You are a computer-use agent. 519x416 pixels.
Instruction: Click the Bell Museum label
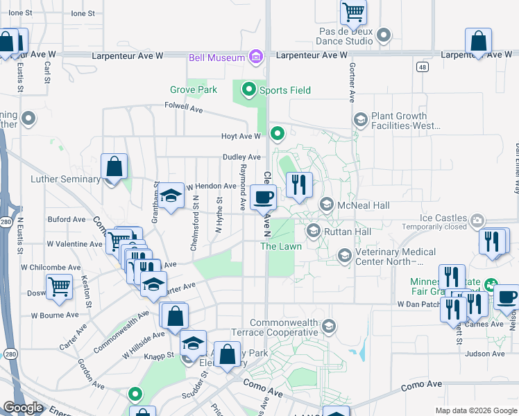point(216,58)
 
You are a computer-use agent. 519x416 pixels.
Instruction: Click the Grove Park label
point(194,89)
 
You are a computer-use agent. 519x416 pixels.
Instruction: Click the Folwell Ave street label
point(183,109)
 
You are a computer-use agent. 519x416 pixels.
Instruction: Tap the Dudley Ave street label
point(241,157)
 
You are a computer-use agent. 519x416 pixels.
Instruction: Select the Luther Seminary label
point(66,179)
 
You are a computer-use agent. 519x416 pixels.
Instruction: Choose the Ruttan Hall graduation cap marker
point(314,231)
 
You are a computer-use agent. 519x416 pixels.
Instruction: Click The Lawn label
point(280,246)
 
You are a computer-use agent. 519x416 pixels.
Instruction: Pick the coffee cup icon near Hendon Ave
point(263,198)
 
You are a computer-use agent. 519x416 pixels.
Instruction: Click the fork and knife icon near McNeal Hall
point(299,184)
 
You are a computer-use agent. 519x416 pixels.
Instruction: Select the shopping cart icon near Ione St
point(354,11)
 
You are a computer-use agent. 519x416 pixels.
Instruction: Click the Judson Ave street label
point(485,354)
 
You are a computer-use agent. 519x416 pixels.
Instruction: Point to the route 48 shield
point(423,67)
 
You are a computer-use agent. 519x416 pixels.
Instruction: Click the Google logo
point(22,408)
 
